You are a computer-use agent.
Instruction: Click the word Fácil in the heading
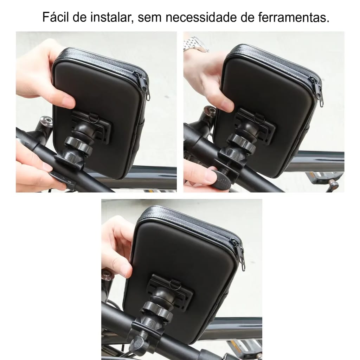pyautogui.click(x=55, y=17)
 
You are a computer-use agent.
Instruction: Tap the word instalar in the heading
pyautogui.click(x=111, y=17)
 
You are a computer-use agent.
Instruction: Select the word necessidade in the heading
pyautogui.click(x=201, y=17)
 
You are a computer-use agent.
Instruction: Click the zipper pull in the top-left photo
pyautogui.click(x=147, y=87)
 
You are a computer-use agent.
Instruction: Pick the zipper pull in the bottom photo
pyautogui.click(x=242, y=257)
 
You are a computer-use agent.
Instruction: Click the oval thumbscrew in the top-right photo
pyautogui.click(x=221, y=179)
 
